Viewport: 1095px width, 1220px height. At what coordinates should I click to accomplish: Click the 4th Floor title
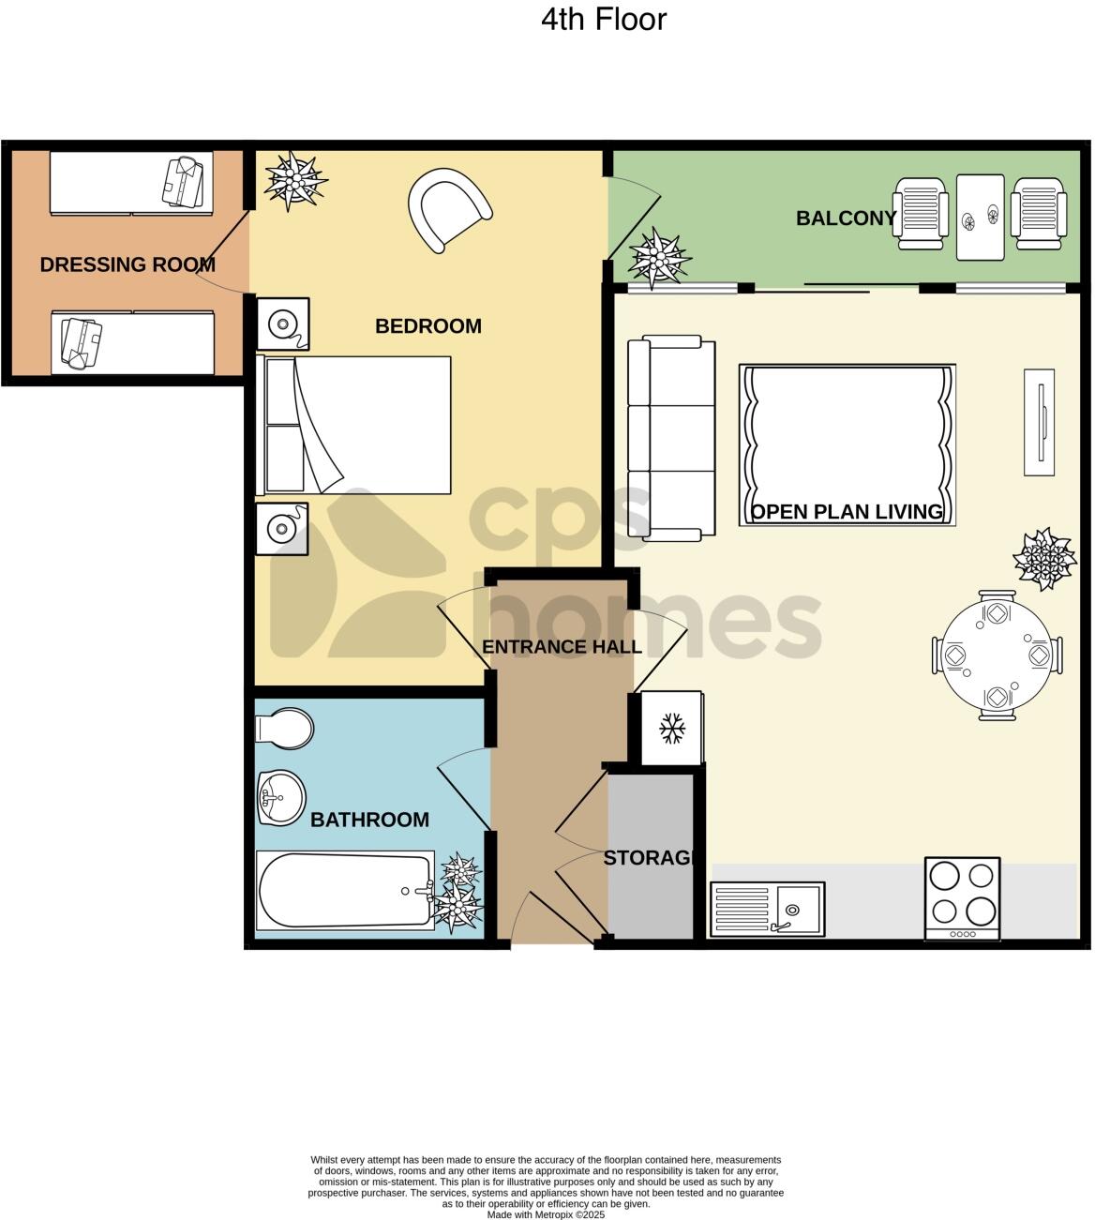(603, 20)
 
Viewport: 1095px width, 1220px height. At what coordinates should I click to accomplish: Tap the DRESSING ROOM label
(127, 265)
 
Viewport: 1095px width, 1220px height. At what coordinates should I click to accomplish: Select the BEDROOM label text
(427, 326)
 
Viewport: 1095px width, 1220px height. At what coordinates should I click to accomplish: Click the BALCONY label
(845, 218)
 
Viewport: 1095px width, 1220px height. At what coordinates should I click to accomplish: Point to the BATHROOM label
(369, 820)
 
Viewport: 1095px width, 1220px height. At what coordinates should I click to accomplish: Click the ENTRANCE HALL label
(561, 647)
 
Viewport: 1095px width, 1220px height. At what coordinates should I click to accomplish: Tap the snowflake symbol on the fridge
(671, 729)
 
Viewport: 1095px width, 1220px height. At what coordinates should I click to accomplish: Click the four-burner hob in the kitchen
(962, 897)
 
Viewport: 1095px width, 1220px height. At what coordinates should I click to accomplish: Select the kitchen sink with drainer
(767, 909)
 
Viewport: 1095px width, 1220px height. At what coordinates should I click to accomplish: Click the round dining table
(997, 655)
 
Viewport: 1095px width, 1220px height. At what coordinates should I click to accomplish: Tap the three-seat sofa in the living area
(670, 438)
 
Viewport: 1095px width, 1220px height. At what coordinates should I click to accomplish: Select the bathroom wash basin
(280, 798)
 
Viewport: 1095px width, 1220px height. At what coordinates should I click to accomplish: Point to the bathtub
(344, 890)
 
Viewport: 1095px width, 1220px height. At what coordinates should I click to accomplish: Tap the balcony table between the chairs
(980, 218)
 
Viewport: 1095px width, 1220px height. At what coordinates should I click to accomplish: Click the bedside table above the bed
(281, 324)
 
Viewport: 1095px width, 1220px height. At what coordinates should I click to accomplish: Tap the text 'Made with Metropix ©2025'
(546, 1214)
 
